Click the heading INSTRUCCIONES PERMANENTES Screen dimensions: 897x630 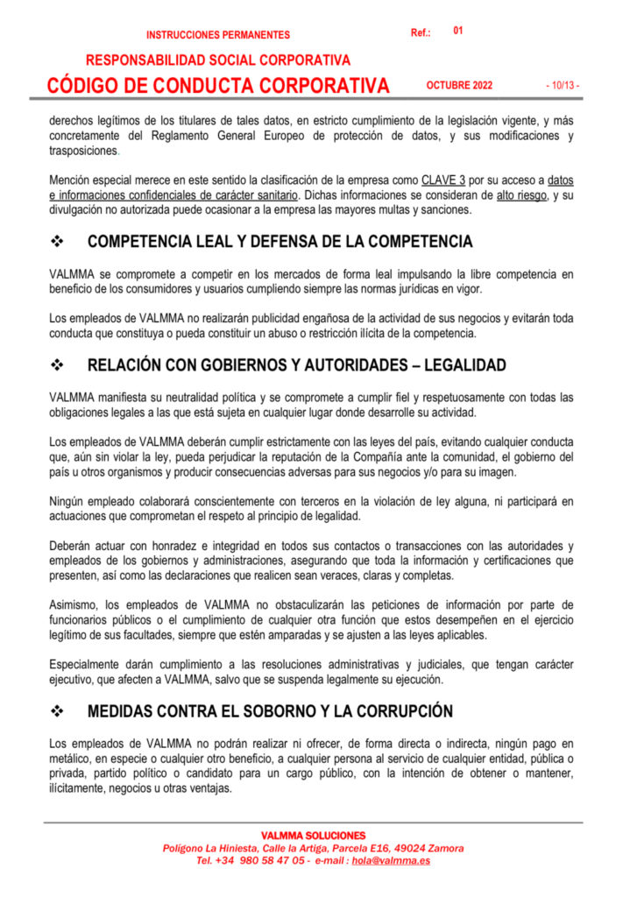coord(218,35)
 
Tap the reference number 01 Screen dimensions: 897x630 coord(458,31)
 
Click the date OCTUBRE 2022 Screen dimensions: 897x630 coord(459,86)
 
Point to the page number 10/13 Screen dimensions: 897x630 coord(562,86)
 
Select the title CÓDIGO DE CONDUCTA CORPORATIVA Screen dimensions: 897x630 coord(218,85)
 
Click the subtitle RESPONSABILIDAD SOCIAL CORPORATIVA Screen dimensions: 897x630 coord(218,60)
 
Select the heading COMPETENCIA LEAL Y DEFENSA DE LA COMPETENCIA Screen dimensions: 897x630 coord(280,242)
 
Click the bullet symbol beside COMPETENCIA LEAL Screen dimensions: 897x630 coord(60,242)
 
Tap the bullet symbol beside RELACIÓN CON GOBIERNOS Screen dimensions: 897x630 coord(60,364)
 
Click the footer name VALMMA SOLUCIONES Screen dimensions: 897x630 coord(314,836)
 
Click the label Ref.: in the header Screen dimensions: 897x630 coord(421,33)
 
